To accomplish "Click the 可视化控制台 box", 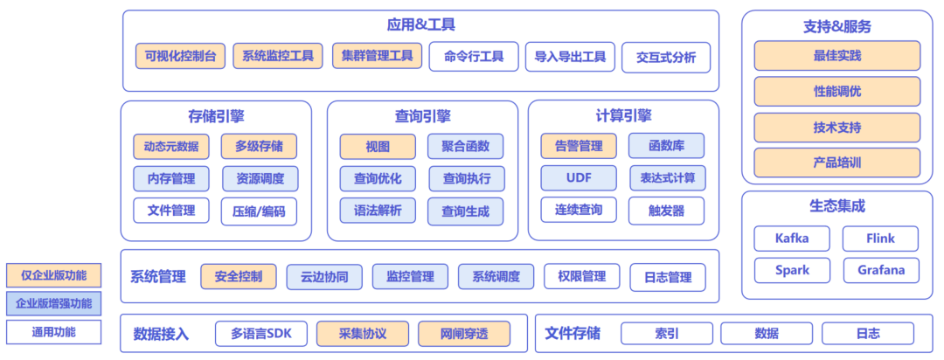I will (x=181, y=56).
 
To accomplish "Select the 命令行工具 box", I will (x=474, y=57).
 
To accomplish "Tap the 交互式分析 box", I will (x=666, y=58).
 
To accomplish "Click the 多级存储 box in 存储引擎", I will (x=259, y=146).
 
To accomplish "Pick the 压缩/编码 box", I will (x=259, y=211).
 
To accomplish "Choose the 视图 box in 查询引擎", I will (x=378, y=146).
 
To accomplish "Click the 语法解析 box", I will (x=378, y=211).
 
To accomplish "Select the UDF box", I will (x=579, y=177).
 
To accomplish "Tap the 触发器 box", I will (x=666, y=211).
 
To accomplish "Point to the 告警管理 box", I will (x=579, y=146).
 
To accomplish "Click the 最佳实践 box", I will (x=836, y=56).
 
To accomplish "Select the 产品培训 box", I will (x=836, y=163).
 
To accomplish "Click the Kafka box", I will (x=792, y=238).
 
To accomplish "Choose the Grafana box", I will (x=881, y=270).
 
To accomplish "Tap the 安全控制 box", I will (x=238, y=277).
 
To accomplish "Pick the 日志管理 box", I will (x=668, y=278).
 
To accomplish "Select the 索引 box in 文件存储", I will (x=667, y=333).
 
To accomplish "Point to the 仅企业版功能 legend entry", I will (x=53, y=276).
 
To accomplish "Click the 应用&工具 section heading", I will (x=420, y=25).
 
